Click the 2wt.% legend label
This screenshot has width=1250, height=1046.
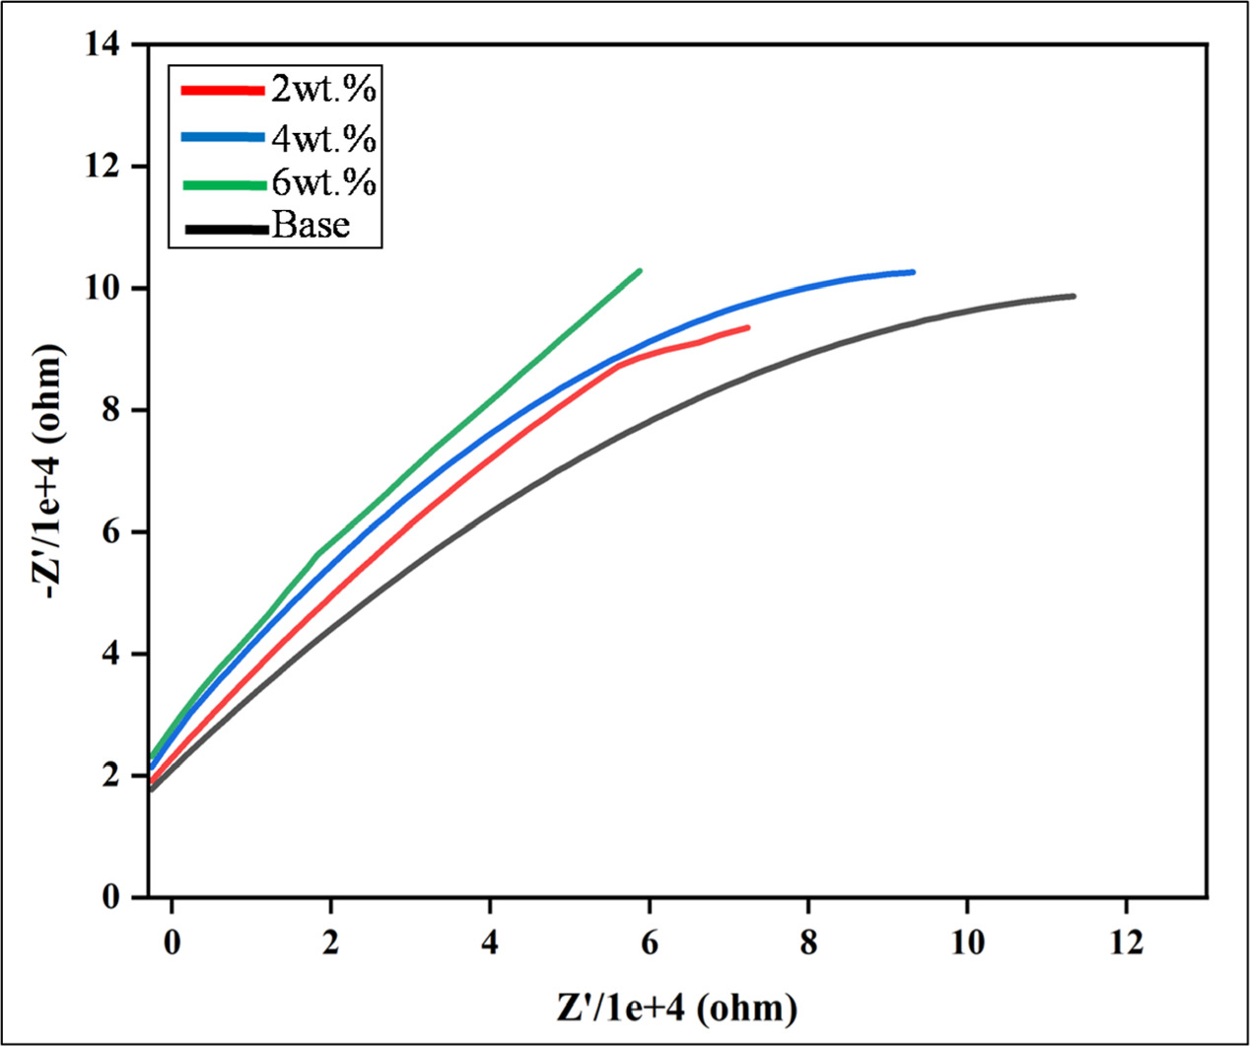[323, 91]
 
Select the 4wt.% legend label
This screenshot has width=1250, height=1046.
[323, 138]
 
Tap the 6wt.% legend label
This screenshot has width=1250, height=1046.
[323, 182]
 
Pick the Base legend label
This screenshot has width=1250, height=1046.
[311, 227]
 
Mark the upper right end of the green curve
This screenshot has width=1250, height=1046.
[640, 270]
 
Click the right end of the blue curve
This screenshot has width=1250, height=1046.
[913, 272]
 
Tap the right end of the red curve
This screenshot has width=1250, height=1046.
[748, 327]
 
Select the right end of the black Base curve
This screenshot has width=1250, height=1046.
[1073, 296]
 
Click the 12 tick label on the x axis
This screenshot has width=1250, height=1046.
[1127, 942]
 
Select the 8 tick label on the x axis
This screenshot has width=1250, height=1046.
[808, 942]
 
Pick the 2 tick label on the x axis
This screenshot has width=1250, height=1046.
[331, 942]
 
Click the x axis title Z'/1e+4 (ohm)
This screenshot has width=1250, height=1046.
[676, 1008]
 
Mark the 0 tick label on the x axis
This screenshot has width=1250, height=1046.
[172, 942]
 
